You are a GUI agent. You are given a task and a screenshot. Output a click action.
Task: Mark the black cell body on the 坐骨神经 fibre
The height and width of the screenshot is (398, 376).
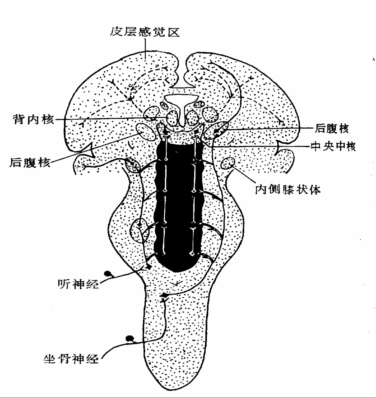click(x=129, y=338)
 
